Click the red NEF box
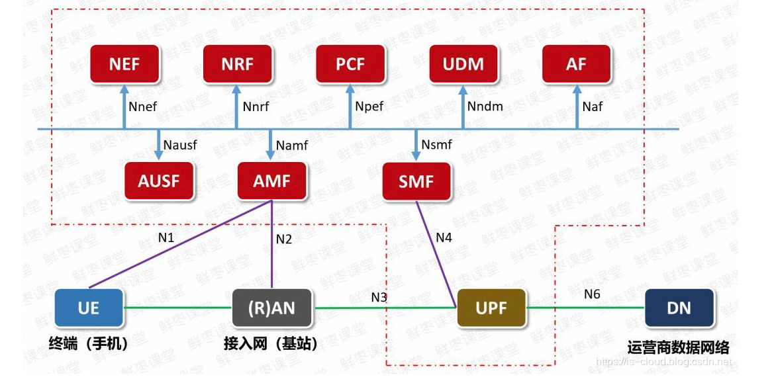(124, 64)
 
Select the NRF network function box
(237, 64)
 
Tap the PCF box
(350, 64)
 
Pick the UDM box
(463, 64)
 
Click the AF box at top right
(576, 64)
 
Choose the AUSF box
(159, 181)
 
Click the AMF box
(271, 181)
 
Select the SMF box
(416, 181)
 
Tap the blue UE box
(89, 308)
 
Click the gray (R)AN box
(272, 308)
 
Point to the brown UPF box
(491, 308)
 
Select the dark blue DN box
(679, 308)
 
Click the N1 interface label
(166, 236)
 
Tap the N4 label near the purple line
(444, 237)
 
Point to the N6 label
(591, 294)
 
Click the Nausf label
(180, 145)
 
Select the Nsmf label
(436, 144)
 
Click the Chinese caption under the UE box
(88, 344)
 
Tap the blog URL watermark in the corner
(664, 362)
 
